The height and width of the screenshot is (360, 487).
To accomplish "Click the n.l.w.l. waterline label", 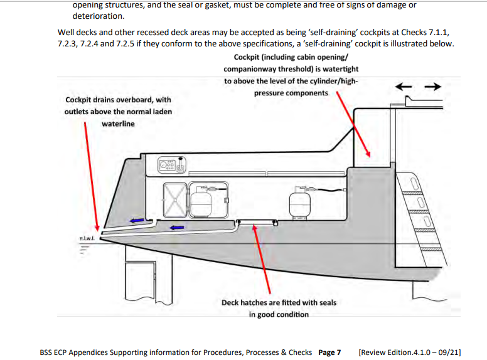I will (x=87, y=239).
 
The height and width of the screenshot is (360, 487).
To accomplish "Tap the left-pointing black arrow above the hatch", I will (x=403, y=86).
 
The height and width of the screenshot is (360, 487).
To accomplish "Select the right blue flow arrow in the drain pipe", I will (x=178, y=227).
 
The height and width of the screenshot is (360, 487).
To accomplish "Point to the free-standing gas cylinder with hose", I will (x=299, y=202).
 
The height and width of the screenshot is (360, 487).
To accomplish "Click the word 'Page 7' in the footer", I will (x=329, y=352).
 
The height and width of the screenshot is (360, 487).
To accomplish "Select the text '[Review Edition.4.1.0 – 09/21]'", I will (x=409, y=352).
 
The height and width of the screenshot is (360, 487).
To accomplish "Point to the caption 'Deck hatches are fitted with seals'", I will (x=279, y=303).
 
